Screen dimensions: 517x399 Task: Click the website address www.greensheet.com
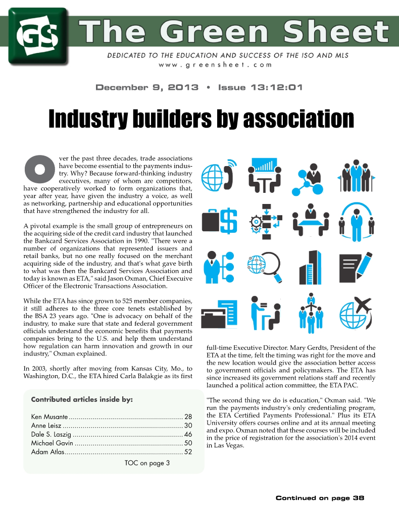pos(215,65)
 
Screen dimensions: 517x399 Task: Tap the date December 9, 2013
pos(147,87)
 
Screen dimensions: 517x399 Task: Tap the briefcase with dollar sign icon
pos(220,221)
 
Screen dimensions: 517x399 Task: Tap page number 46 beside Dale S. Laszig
pos(188,434)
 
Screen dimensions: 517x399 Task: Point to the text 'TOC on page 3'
pos(147,463)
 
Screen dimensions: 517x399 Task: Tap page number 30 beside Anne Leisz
pos(188,426)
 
